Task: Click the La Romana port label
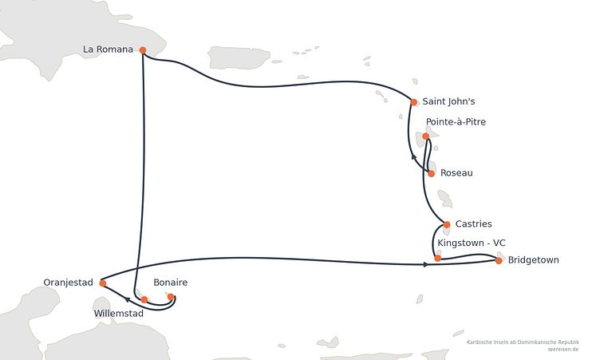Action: (x=108, y=49)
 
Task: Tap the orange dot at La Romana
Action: (x=143, y=50)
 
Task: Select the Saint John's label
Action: (x=448, y=101)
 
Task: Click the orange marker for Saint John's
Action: (x=413, y=102)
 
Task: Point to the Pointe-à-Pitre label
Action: (x=456, y=122)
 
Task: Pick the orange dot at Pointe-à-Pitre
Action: (x=426, y=136)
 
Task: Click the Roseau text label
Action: (x=456, y=173)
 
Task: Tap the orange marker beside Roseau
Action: (x=431, y=174)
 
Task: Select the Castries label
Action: (x=473, y=224)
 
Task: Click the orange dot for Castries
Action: (x=447, y=225)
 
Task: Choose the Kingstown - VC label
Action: (x=472, y=243)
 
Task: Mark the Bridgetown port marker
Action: (x=499, y=261)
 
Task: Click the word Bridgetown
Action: (x=534, y=260)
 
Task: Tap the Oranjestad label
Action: (x=68, y=283)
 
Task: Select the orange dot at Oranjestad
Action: (x=103, y=283)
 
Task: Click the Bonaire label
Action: (x=170, y=283)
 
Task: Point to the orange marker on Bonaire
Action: (x=171, y=297)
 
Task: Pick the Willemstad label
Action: (x=119, y=313)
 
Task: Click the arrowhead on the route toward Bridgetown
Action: (x=426, y=264)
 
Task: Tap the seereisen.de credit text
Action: (x=562, y=350)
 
